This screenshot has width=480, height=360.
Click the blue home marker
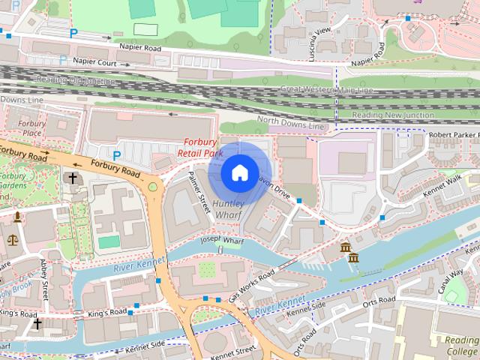(239, 173)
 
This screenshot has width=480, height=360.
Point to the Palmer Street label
(199, 190)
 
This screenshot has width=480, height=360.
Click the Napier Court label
(95, 64)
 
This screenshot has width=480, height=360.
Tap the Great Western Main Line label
(326, 90)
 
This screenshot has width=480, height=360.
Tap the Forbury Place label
(32, 128)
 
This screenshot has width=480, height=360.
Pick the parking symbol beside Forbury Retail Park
(117, 155)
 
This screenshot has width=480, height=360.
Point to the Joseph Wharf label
(223, 241)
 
